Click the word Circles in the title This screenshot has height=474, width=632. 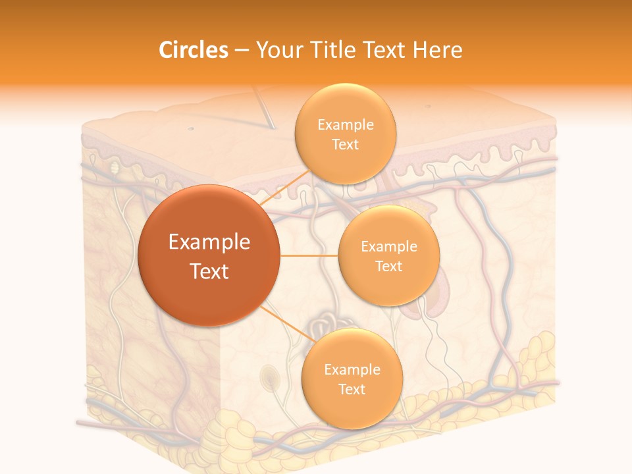pyautogui.click(x=193, y=50)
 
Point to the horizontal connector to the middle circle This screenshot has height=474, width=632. pyautogui.click(x=309, y=255)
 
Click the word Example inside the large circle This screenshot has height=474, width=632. pyautogui.click(x=209, y=242)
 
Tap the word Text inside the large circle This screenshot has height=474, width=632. pyautogui.click(x=209, y=271)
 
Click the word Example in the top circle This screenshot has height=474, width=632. pyautogui.click(x=345, y=124)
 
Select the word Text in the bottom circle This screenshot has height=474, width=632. pyautogui.click(x=352, y=389)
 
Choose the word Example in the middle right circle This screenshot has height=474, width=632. pyautogui.click(x=388, y=246)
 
